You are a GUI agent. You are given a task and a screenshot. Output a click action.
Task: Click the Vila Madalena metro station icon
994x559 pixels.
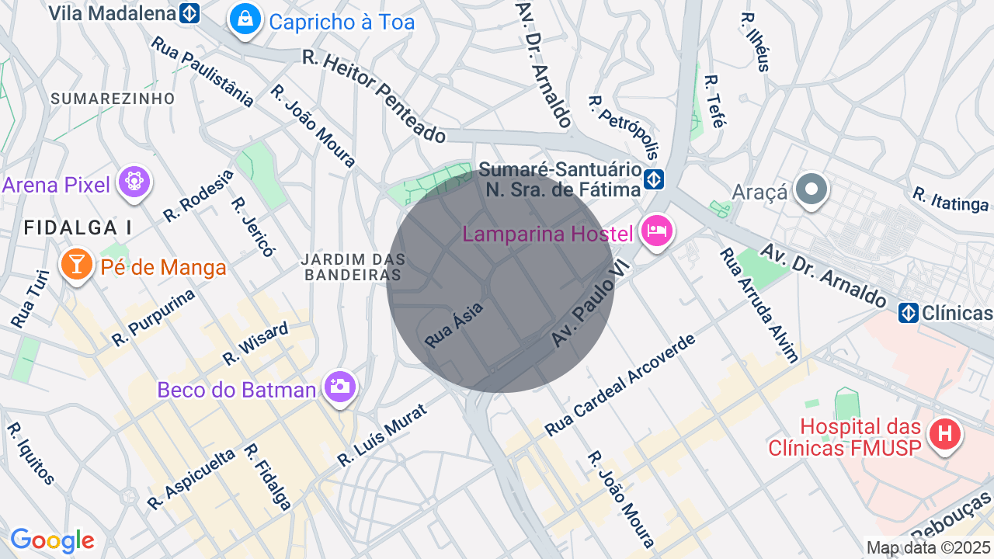click(x=189, y=13)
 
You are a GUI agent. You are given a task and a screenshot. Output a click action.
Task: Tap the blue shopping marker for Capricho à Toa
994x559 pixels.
click(x=245, y=21)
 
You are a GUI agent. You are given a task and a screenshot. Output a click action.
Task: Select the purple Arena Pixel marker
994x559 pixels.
click(x=134, y=183)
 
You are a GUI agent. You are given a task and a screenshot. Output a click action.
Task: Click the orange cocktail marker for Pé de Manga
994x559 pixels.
click(x=76, y=266)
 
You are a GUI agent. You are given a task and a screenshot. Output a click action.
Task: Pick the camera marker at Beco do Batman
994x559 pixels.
click(x=339, y=386)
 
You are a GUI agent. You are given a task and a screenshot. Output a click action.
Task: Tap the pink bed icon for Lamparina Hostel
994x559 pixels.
click(x=657, y=231)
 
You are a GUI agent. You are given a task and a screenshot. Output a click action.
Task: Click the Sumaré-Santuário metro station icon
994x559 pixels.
click(x=654, y=180)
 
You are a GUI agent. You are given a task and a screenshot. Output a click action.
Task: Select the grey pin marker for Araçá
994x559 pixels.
click(x=812, y=189)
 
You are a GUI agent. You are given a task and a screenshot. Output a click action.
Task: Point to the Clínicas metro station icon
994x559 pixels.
click(x=909, y=313)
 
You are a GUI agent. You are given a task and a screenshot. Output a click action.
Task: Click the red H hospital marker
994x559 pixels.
click(x=944, y=433)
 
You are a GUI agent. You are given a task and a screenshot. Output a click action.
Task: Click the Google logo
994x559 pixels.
click(x=52, y=540)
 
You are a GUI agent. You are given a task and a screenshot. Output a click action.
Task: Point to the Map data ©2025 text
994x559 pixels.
click(x=929, y=547)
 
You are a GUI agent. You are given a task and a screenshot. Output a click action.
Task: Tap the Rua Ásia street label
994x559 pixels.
click(x=454, y=325)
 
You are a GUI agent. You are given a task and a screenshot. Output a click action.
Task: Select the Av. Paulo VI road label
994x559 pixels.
click(x=588, y=304)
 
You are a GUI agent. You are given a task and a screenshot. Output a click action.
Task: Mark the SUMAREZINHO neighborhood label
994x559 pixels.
click(x=113, y=99)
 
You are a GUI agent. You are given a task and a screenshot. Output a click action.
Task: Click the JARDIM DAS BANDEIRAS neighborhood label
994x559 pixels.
click(x=353, y=267)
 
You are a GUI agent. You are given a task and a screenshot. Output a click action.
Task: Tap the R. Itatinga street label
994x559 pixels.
click(x=951, y=199)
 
